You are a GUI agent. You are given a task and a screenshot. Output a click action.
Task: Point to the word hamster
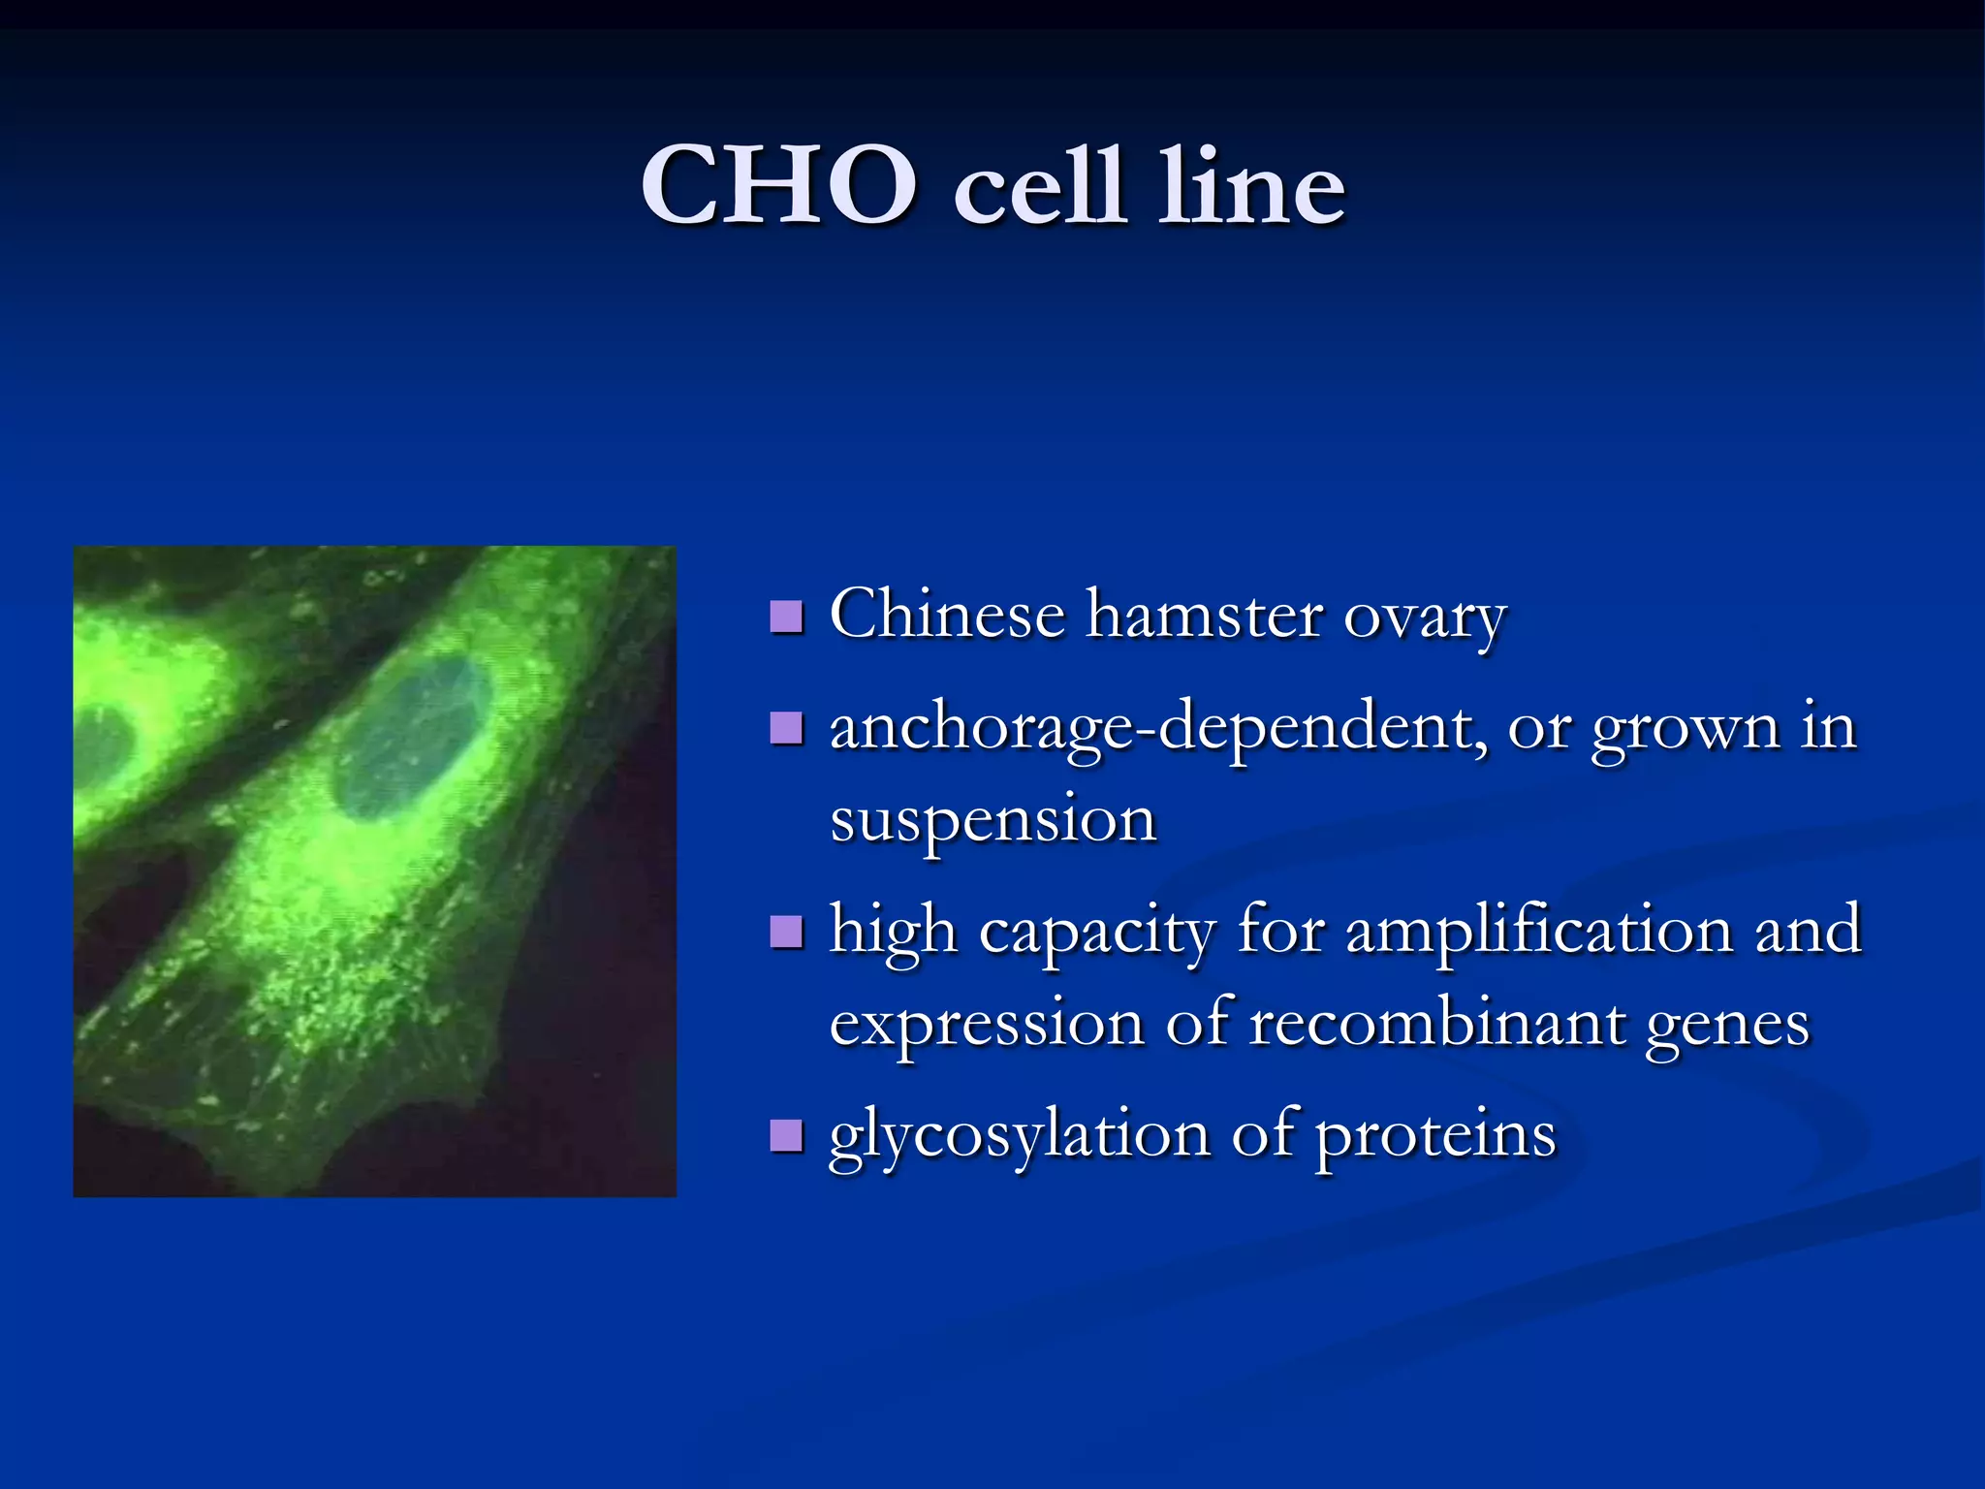click(1204, 616)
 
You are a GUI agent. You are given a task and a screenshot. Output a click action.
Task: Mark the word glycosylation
click(1019, 1136)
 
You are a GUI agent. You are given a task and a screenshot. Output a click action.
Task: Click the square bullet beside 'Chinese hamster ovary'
click(786, 616)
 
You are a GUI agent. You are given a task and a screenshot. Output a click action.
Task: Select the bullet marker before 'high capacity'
click(786, 933)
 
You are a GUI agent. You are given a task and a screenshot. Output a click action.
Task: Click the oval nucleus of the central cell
click(412, 737)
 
